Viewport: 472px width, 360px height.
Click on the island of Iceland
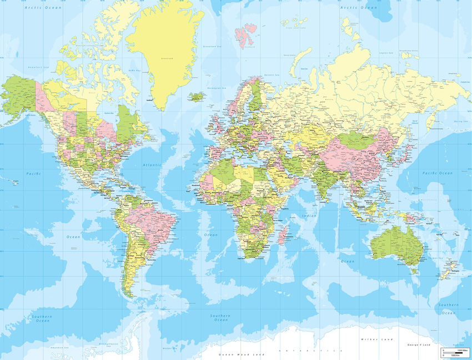[197, 96]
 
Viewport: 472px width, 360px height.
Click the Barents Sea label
[271, 74]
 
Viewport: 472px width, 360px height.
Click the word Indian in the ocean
[309, 215]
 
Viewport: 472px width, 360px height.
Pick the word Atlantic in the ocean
[151, 165]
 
